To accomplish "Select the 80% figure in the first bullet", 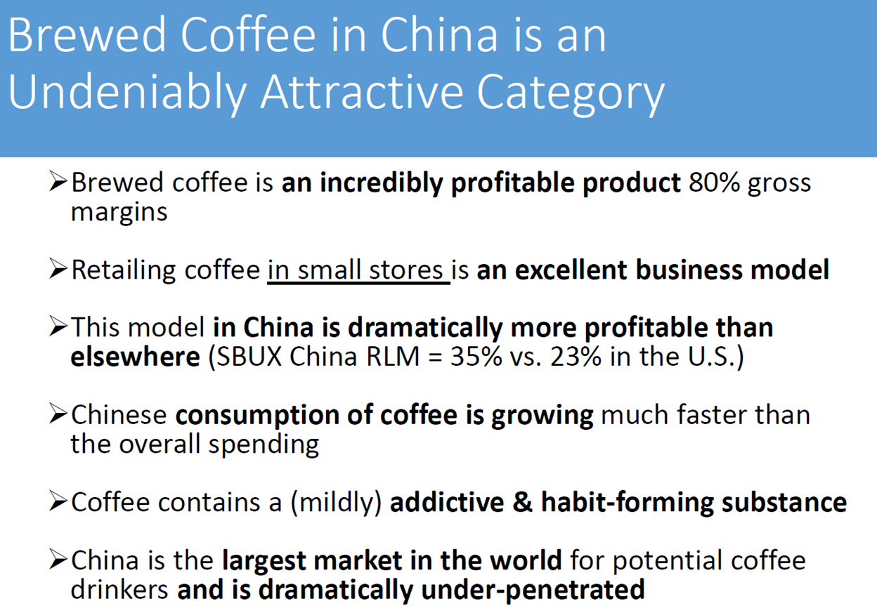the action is [714, 183].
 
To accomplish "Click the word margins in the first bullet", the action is [119, 213].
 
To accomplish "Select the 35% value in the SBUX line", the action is [476, 357].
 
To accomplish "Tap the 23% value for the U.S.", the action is [576, 357].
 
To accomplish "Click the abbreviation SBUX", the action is [249, 357].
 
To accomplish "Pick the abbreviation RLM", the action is [393, 357].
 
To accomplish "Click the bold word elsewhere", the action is [136, 357].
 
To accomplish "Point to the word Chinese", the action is [119, 415].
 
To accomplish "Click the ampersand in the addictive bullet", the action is [522, 502].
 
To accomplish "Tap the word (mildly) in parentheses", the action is [337, 503].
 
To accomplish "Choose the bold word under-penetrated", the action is [533, 590].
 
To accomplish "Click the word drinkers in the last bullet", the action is [119, 590].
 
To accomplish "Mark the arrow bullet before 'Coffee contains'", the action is [58, 501].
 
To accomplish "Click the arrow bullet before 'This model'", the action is [58, 327].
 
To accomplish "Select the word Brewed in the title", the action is [87, 34].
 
